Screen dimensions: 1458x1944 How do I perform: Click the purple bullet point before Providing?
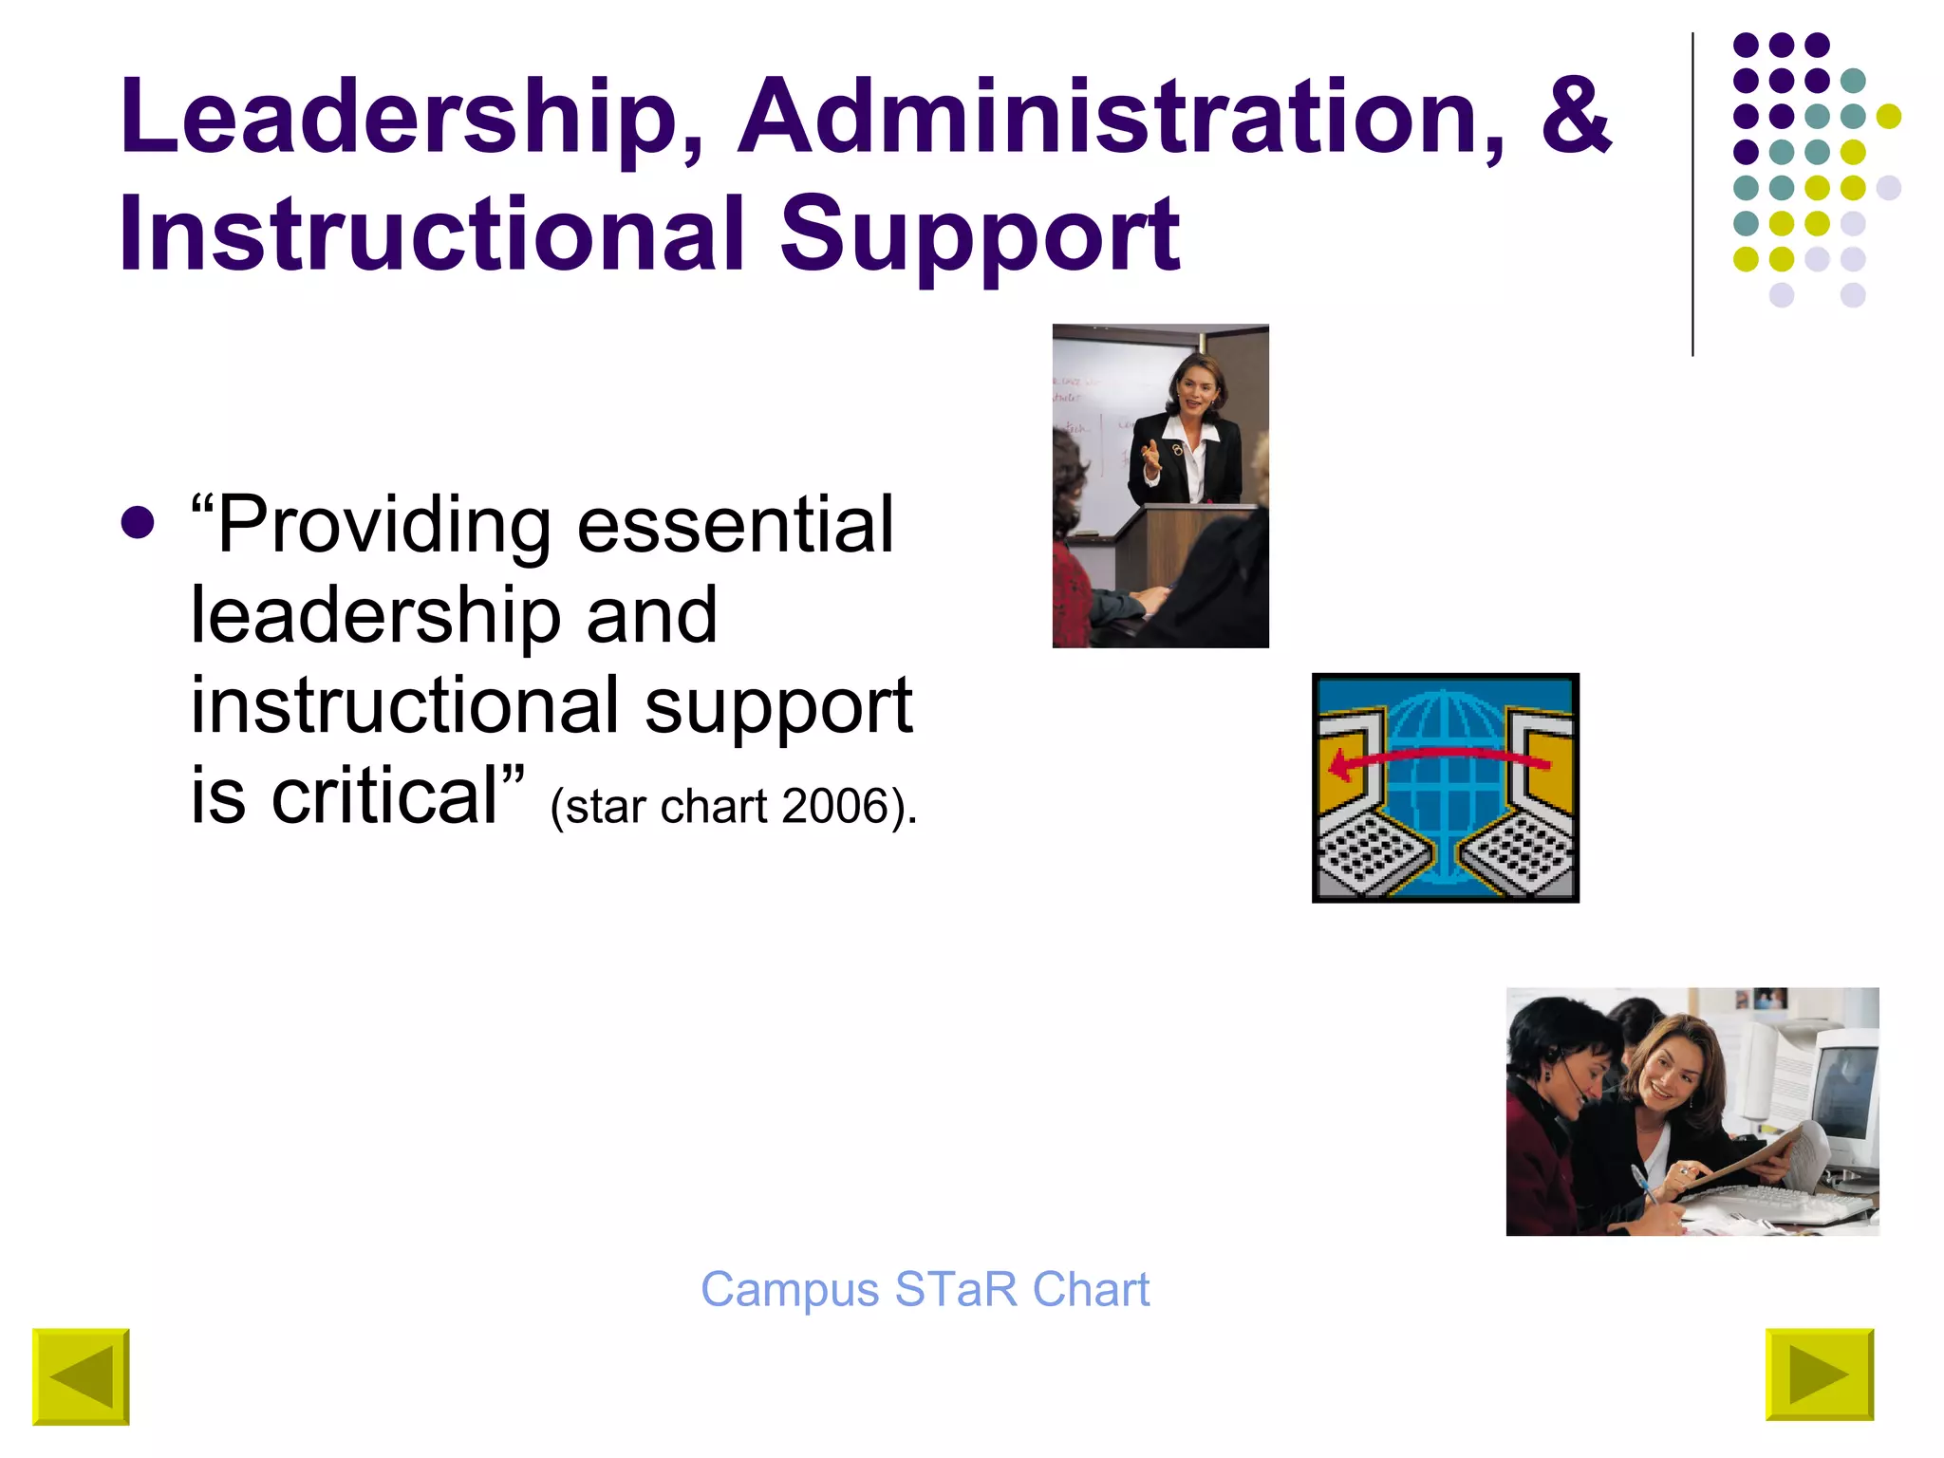click(138, 523)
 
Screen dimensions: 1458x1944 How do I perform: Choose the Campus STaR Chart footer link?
click(925, 1290)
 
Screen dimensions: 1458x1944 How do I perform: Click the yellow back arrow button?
click(81, 1376)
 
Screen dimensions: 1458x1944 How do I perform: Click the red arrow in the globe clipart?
click(1438, 758)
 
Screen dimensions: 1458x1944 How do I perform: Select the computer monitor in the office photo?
click(1841, 1092)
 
